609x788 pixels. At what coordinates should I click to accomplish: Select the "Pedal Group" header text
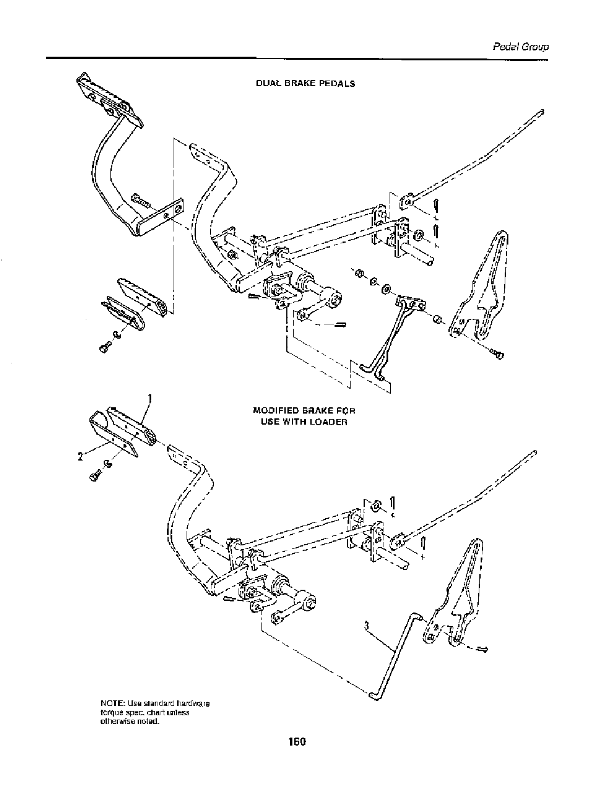520,47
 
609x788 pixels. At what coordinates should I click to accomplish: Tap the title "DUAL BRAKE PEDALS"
305,83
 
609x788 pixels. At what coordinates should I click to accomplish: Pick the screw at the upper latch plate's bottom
497,354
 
